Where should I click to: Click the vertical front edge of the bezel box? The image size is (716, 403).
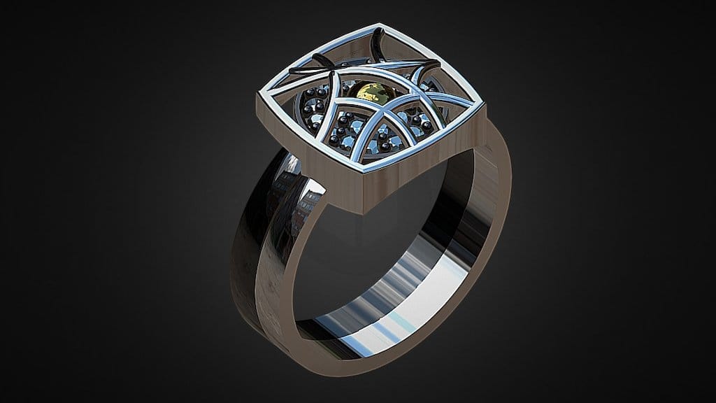click(x=364, y=192)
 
